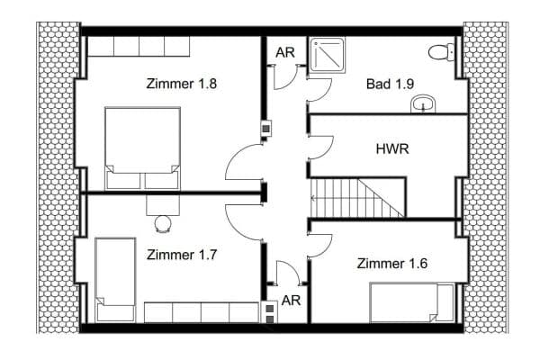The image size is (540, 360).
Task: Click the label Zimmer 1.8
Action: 183,84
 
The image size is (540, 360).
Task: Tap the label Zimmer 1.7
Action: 183,255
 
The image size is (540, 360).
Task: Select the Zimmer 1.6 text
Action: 392,264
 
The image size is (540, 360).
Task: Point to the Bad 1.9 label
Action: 391,84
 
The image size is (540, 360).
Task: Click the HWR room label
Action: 392,148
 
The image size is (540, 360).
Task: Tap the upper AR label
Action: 285,52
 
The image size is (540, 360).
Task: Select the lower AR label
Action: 291,300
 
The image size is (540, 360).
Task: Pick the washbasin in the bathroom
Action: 423,106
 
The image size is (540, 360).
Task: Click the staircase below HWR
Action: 357,196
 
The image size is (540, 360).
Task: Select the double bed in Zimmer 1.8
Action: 142,148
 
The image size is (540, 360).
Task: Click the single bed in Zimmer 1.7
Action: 115,279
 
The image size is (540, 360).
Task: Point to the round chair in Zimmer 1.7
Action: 163,222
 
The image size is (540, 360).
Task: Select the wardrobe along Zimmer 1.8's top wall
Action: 139,46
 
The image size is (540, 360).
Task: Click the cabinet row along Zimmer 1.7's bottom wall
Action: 201,312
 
